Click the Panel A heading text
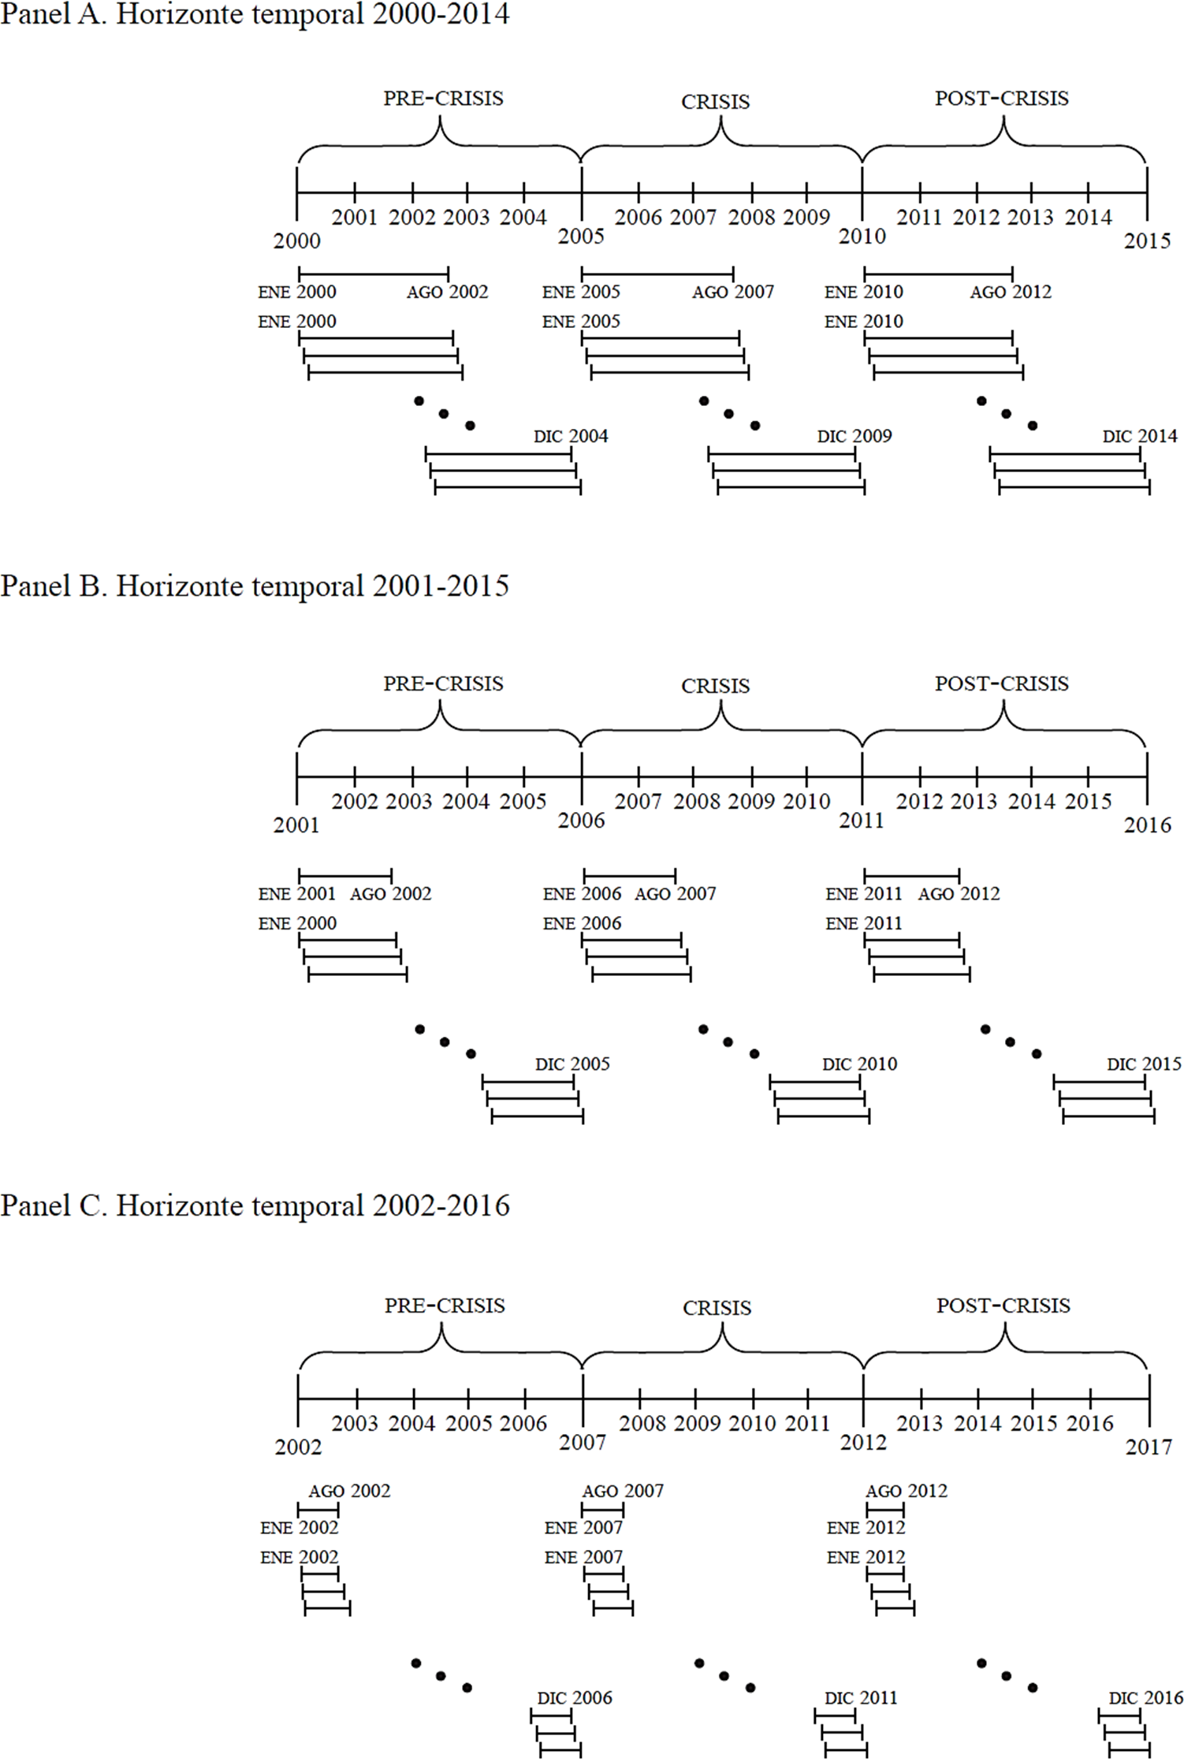click(255, 14)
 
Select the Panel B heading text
click(255, 586)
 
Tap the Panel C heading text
click(255, 1205)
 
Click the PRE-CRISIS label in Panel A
click(443, 99)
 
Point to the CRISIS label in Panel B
click(715, 686)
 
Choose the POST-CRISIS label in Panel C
click(1003, 1306)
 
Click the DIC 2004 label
click(571, 436)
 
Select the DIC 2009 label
click(854, 436)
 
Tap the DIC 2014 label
click(1140, 436)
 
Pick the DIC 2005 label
click(572, 1064)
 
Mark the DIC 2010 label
click(859, 1064)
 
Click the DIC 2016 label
click(1145, 1697)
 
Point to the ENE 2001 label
click(296, 894)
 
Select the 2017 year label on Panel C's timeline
click(1149, 1447)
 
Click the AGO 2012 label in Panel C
click(907, 1491)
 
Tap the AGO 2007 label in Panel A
click(733, 292)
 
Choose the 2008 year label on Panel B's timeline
click(696, 801)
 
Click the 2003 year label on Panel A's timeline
click(467, 217)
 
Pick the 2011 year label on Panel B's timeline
click(862, 821)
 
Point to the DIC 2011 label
click(861, 1697)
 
